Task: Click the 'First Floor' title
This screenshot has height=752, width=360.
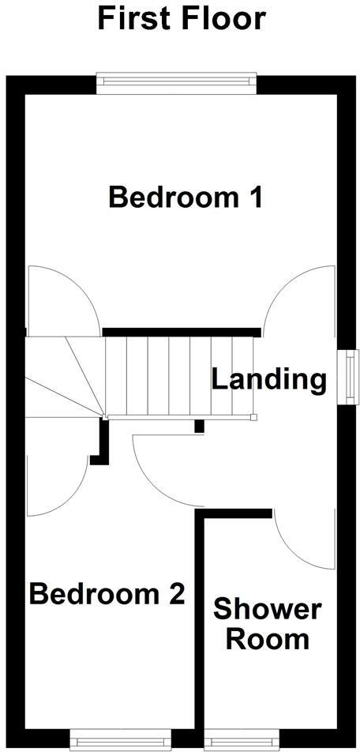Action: pos(181,18)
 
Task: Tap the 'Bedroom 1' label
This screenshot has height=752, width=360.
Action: pos(185,197)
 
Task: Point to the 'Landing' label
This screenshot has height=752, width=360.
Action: pos(268,380)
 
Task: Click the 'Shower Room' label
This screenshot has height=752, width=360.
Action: pos(268,624)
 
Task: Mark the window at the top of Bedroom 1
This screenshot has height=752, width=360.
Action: pos(177,79)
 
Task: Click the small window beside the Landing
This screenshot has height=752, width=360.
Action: pos(347,377)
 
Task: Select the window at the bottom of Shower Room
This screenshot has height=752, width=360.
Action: pos(241,742)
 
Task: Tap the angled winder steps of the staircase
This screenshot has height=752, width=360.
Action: pos(63,376)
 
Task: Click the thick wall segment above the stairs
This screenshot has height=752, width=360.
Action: pos(182,333)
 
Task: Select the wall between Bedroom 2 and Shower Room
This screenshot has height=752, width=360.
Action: pos(201,624)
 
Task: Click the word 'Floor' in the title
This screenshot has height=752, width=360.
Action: pos(222,18)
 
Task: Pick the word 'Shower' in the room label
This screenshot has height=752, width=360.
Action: pos(268,610)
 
